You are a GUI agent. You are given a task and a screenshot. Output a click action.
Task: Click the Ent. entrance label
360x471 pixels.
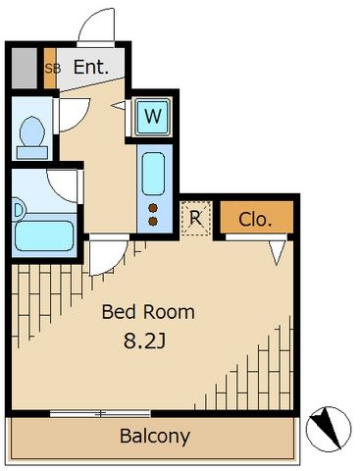(90, 67)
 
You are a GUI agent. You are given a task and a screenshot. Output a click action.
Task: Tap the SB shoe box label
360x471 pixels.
(52, 69)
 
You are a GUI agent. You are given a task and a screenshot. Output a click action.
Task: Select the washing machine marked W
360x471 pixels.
(152, 117)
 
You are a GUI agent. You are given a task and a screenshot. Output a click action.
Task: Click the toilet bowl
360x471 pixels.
(32, 131)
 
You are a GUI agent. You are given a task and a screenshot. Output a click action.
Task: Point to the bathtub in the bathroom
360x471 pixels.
(44, 236)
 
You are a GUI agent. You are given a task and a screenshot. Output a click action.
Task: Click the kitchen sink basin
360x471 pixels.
(153, 174)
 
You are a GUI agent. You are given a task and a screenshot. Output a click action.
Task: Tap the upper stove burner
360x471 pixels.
(153, 208)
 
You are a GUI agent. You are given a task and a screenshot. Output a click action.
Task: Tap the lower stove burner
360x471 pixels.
(153, 222)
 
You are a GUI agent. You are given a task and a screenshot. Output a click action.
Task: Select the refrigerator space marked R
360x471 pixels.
(195, 218)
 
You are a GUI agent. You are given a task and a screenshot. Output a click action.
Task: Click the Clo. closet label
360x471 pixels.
(255, 220)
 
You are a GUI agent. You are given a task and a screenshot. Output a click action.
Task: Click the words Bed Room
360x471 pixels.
(148, 312)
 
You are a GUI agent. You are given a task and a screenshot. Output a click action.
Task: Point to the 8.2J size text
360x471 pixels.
(145, 341)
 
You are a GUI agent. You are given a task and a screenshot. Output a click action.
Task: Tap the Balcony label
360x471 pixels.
(155, 436)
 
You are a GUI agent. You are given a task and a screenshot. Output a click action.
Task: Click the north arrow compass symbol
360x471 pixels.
(328, 429)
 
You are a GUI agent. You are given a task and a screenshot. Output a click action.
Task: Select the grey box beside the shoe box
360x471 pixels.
(25, 69)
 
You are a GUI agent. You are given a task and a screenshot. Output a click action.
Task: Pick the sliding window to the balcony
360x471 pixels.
(100, 414)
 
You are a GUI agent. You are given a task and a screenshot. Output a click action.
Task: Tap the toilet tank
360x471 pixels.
(32, 153)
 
